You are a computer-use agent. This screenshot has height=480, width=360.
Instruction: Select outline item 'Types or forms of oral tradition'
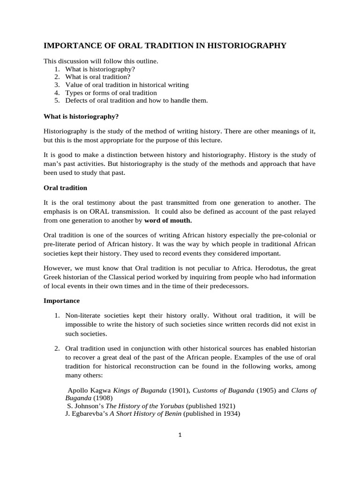[111, 93]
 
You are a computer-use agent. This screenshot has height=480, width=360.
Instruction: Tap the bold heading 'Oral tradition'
[65, 187]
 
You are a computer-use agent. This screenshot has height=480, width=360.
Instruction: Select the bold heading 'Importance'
[61, 300]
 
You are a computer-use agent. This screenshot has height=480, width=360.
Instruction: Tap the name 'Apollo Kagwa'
[89, 390]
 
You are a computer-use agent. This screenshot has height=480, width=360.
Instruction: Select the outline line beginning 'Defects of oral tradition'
[136, 100]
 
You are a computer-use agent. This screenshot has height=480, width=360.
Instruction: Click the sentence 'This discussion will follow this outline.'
[101, 61]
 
